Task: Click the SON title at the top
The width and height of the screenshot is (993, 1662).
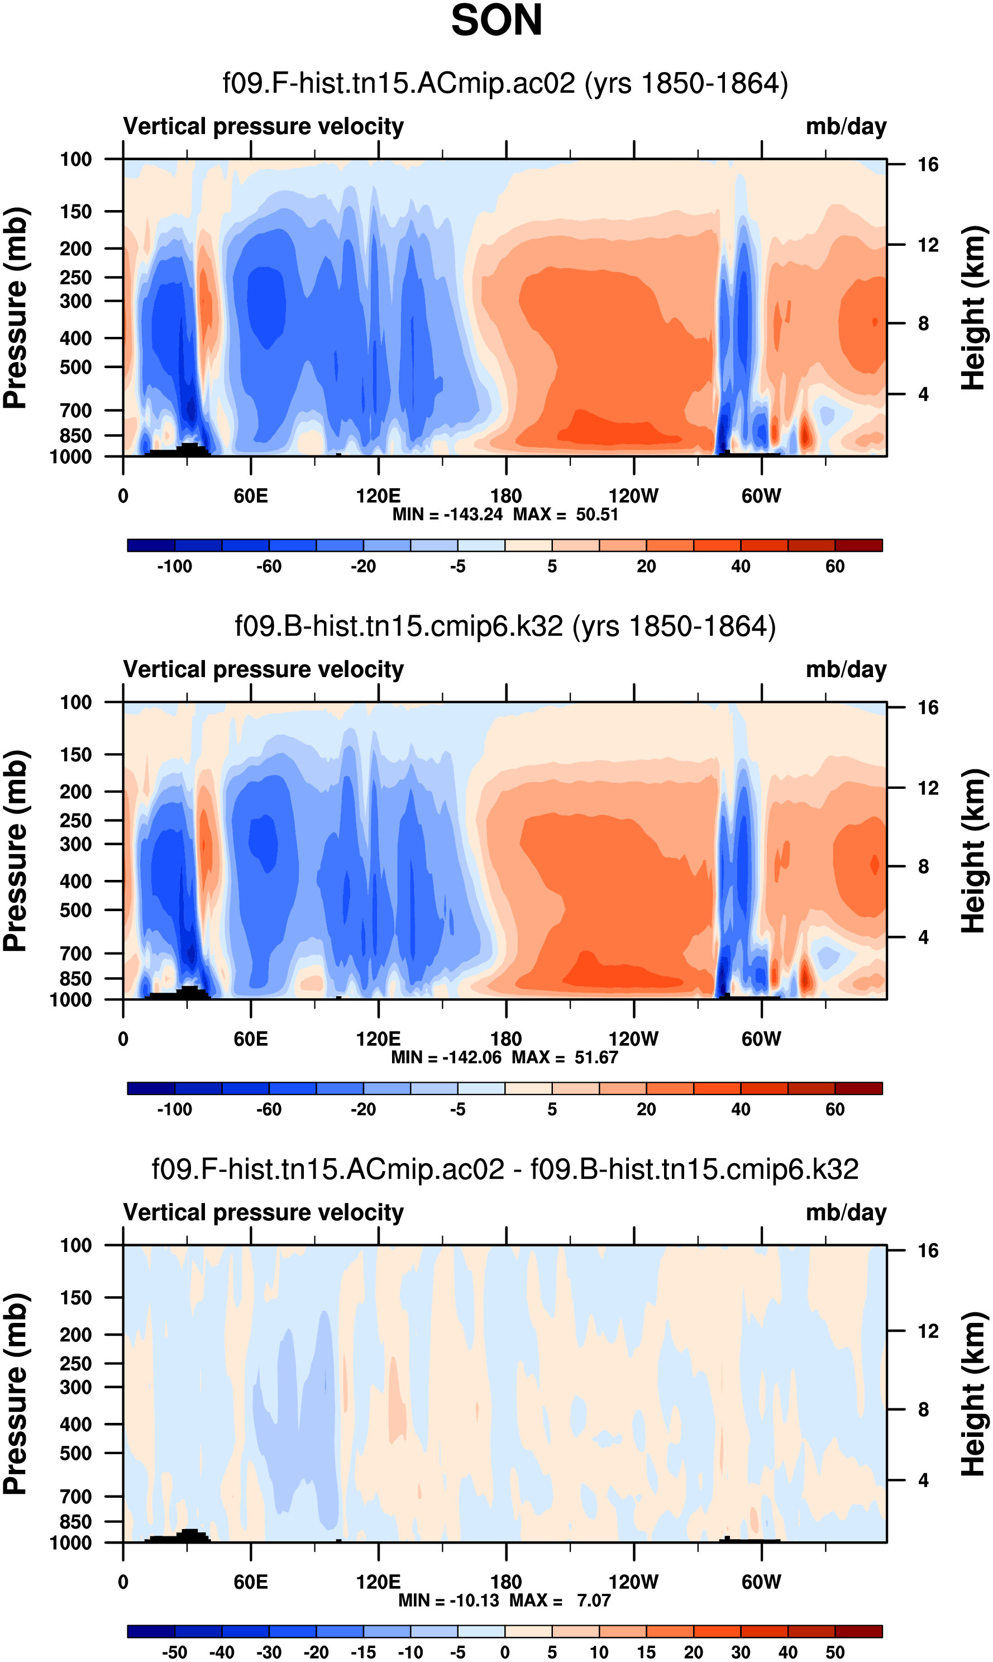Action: (496, 21)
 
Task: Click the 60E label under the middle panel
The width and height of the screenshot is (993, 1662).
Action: (251, 1039)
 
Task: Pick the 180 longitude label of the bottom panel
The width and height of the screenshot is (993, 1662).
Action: (506, 1582)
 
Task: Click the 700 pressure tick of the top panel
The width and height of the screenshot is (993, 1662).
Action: (75, 410)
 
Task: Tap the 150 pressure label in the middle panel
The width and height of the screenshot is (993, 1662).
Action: (75, 754)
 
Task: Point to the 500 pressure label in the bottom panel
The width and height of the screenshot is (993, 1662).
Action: (75, 1453)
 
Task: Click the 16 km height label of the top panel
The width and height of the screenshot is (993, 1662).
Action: (928, 165)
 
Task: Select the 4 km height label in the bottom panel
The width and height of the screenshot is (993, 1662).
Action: (923, 1480)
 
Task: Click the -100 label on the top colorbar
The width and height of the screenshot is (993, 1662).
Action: (175, 566)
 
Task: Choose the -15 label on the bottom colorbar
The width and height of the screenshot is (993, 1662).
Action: (364, 1652)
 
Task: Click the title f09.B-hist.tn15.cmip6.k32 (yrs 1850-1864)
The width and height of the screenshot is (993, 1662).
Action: (505, 626)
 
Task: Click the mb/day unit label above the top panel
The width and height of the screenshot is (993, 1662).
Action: (846, 126)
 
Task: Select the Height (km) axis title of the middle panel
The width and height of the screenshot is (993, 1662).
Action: (973, 851)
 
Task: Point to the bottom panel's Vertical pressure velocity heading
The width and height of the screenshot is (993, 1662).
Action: (264, 1212)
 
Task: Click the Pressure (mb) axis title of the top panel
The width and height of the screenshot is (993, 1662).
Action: (16, 308)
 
